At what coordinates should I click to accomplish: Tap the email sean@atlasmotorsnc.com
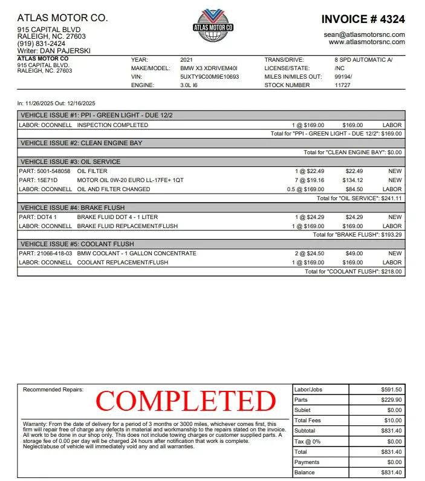(x=364, y=34)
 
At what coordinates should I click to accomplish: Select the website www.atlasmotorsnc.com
(x=366, y=42)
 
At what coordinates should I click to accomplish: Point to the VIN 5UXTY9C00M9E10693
(x=209, y=77)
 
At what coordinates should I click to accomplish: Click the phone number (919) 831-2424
(x=41, y=44)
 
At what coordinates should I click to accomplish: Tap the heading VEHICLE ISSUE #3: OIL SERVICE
(x=70, y=162)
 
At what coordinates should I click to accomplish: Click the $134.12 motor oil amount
(x=354, y=180)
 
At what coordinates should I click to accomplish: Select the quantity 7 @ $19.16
(x=309, y=180)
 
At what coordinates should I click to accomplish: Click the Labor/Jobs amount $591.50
(x=391, y=390)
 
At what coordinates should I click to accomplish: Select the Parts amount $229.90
(x=391, y=400)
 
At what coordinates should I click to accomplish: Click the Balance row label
(x=304, y=473)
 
